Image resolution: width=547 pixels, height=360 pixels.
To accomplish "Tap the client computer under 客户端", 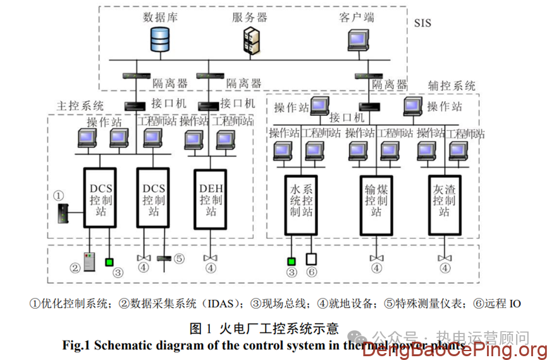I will tap(358, 40).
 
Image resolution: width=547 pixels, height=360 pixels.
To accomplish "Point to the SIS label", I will tap(422, 23).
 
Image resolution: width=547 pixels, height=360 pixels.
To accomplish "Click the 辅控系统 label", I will tap(451, 85).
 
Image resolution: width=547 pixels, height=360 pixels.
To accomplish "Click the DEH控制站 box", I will tap(211, 199).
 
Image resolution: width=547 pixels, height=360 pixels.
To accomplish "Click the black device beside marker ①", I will tap(61, 213).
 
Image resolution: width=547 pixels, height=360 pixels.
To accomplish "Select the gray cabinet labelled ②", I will tap(90, 261).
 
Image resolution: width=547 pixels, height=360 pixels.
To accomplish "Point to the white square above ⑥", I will tap(310, 259).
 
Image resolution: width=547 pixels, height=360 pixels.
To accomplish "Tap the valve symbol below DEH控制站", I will tap(211, 258).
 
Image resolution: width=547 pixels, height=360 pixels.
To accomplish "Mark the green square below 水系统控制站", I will tap(291, 260).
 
